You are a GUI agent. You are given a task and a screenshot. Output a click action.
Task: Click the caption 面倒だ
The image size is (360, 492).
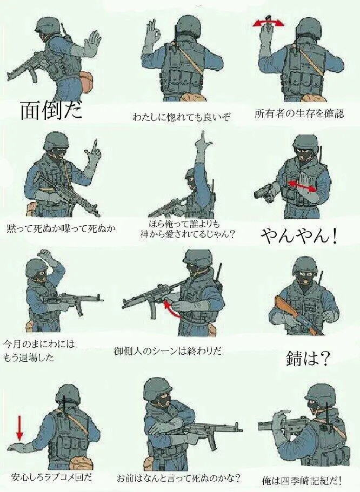point(51,110)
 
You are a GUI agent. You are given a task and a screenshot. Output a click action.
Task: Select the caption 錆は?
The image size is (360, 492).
point(307,359)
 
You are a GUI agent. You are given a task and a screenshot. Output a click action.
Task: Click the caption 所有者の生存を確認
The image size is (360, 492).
point(299,113)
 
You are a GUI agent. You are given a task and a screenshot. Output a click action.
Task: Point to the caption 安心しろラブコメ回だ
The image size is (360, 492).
point(52,477)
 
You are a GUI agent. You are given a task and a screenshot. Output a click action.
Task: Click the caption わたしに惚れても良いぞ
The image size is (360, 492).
point(181,117)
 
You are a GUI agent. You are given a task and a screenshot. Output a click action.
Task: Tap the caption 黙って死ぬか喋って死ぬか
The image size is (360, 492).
point(61,228)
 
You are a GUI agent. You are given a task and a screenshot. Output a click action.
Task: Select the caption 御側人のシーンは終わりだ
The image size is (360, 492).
point(168,351)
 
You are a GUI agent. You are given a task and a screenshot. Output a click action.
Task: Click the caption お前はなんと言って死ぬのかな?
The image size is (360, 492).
point(179,478)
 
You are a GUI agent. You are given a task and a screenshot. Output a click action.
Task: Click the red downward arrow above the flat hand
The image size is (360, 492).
point(19,426)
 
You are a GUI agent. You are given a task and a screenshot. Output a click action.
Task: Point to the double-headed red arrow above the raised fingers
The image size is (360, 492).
point(269,23)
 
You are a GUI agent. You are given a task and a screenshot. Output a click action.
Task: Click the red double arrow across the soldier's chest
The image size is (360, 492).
point(302,185)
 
